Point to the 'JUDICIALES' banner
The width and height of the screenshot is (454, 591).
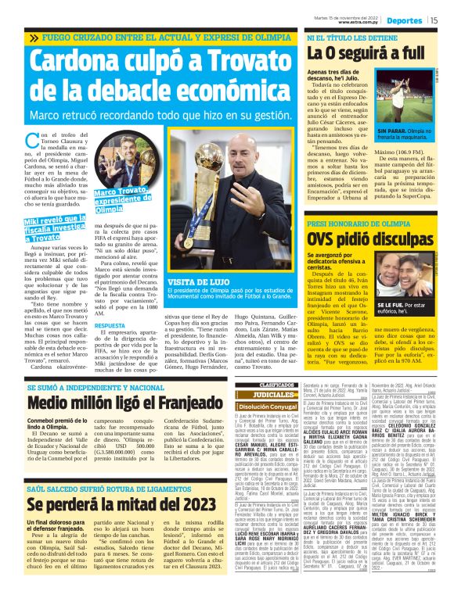coord(279,396)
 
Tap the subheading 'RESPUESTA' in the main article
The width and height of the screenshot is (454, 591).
coord(110,324)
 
